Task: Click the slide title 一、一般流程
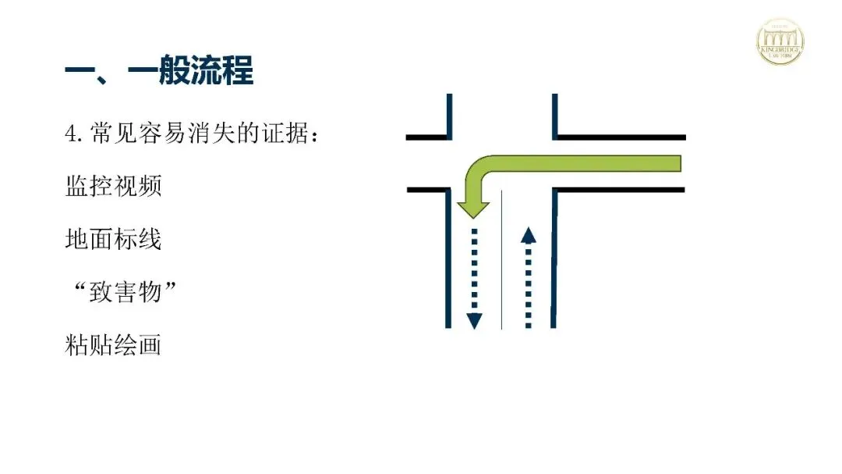click(x=159, y=71)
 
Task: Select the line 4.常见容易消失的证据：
click(x=192, y=134)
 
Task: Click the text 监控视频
click(x=113, y=187)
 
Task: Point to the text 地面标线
click(x=113, y=239)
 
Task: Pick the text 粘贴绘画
click(x=113, y=344)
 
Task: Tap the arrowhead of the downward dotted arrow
click(x=474, y=320)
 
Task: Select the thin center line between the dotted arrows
click(x=501, y=258)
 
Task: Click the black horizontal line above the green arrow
click(x=620, y=137)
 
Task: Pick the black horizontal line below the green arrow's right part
click(x=620, y=190)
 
